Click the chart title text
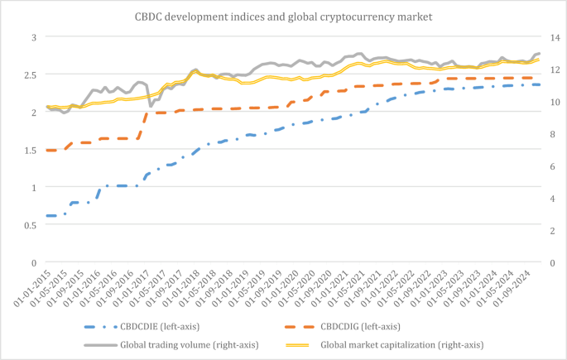[283, 16]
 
